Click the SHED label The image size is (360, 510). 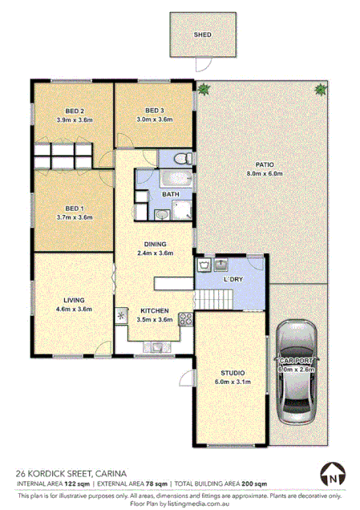click(x=202, y=35)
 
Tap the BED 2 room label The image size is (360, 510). click(x=75, y=111)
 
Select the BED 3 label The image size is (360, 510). click(x=155, y=111)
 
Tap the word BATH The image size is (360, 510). click(x=170, y=194)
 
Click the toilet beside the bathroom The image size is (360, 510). click(x=182, y=157)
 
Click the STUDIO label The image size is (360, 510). click(x=233, y=373)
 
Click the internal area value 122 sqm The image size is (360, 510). click(x=75, y=484)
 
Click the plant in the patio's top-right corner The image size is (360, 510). click(x=321, y=89)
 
